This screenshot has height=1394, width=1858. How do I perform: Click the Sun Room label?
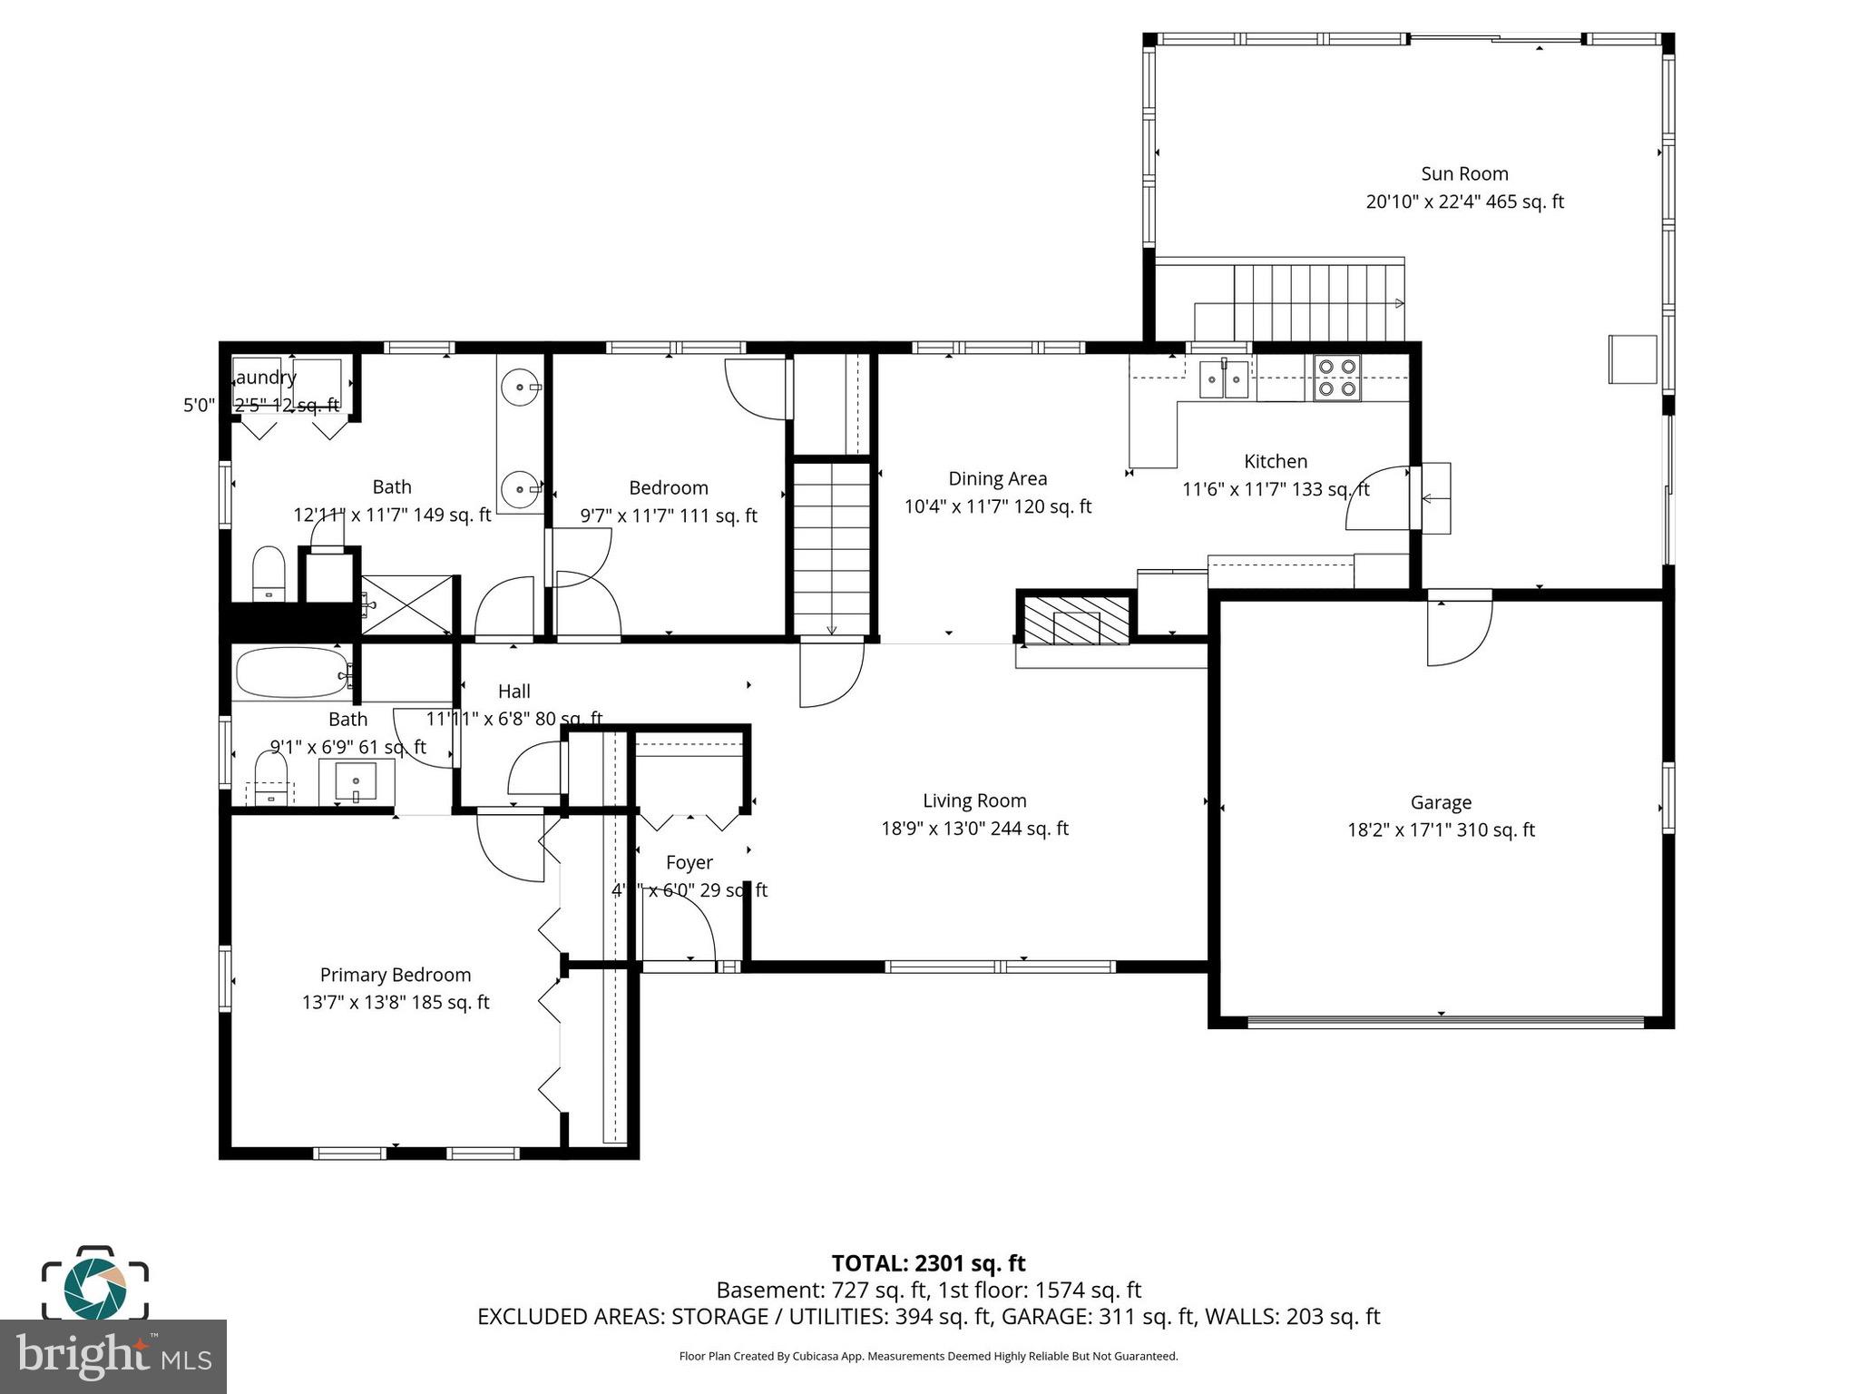pos(1464,173)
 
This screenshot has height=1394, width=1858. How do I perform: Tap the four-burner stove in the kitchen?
pos(1337,378)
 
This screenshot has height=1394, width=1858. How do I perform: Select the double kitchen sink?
pos(1224,378)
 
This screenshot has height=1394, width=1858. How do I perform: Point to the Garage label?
pos(1441,802)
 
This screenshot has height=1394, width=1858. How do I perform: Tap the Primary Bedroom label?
pos(396,975)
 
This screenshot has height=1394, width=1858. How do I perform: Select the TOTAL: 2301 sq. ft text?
pos(928,1263)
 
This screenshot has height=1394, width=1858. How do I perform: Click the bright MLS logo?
pos(113,1356)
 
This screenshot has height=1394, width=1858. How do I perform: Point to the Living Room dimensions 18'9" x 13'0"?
pos(974,829)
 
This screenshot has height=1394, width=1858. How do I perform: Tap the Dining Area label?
pos(997,478)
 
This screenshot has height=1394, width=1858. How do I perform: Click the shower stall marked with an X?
pos(406,604)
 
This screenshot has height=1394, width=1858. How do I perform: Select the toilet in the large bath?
pos(269,573)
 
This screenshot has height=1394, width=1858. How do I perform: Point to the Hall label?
pos(513,692)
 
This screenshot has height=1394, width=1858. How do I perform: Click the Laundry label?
pos(265,378)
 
